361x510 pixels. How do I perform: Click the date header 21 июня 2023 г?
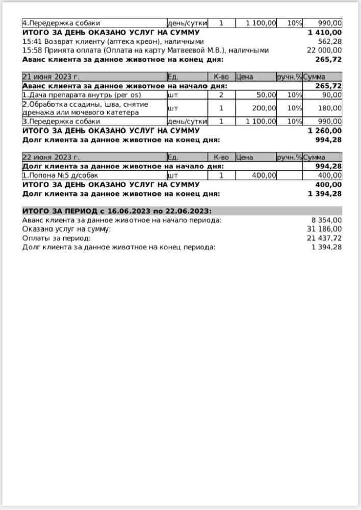(51, 77)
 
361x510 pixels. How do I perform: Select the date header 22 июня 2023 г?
(51, 157)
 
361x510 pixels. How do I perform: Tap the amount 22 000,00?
(324, 50)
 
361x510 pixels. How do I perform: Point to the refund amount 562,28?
(330, 41)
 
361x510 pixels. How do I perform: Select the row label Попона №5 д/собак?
(60, 175)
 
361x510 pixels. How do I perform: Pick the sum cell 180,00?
(330, 108)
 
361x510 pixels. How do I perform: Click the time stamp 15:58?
(32, 50)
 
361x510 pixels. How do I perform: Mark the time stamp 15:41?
(32, 41)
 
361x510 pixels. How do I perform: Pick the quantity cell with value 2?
(221, 95)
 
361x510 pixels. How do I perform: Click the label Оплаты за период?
(57, 238)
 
